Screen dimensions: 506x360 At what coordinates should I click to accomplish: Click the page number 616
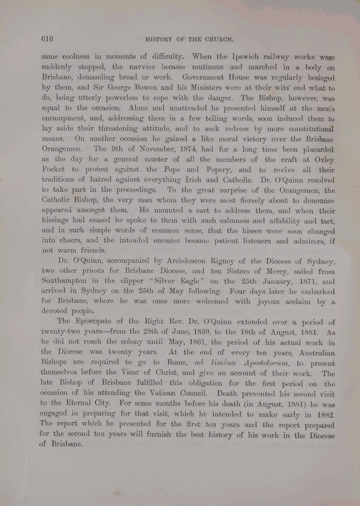[47, 38]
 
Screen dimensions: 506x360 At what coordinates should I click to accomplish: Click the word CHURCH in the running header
[220, 39]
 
